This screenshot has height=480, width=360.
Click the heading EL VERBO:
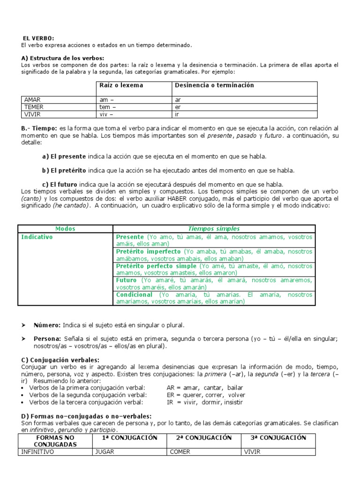(x=39, y=38)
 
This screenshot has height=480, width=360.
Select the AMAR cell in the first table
(x=32, y=100)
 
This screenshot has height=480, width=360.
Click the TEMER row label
(x=33, y=107)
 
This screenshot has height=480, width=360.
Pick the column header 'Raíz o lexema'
(x=121, y=85)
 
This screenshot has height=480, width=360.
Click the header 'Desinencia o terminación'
(x=214, y=85)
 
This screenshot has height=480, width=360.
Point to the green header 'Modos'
(x=65, y=229)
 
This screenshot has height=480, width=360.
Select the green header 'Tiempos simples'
(x=214, y=229)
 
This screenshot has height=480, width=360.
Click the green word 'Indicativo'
(x=37, y=237)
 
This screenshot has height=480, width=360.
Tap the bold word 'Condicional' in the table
(x=134, y=295)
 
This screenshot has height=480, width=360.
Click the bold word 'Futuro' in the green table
(x=127, y=280)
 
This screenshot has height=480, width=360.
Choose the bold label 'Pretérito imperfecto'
(x=148, y=252)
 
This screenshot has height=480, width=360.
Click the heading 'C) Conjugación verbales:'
(x=57, y=360)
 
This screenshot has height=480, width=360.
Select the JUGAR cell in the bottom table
(x=105, y=452)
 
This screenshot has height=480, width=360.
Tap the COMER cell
(x=180, y=452)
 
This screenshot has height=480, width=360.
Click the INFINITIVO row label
(x=38, y=452)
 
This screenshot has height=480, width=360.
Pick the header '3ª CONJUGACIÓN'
(x=278, y=438)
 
